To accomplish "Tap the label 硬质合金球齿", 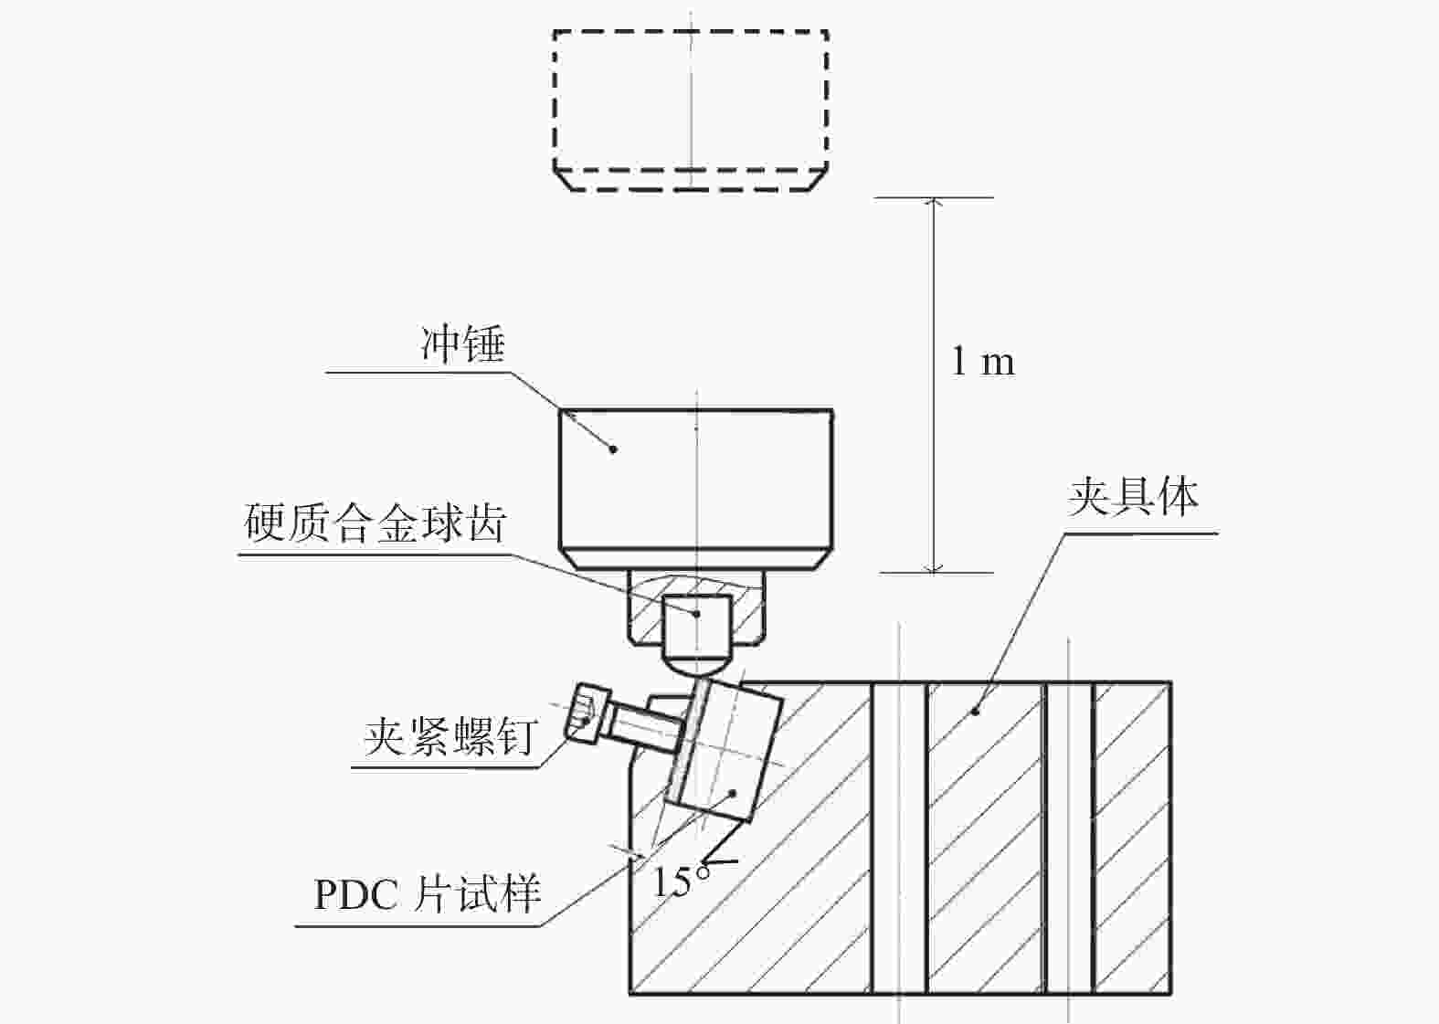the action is click(375, 523).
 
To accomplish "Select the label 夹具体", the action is click(1133, 497).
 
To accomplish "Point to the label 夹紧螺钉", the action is click(449, 737).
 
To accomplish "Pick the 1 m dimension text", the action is click(983, 362).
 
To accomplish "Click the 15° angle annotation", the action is click(681, 880).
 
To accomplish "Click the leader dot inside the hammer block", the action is click(613, 449).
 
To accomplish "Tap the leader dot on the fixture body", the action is click(975, 712).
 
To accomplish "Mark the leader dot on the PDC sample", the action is click(733, 793).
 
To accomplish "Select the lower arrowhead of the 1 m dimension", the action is click(935, 567).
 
